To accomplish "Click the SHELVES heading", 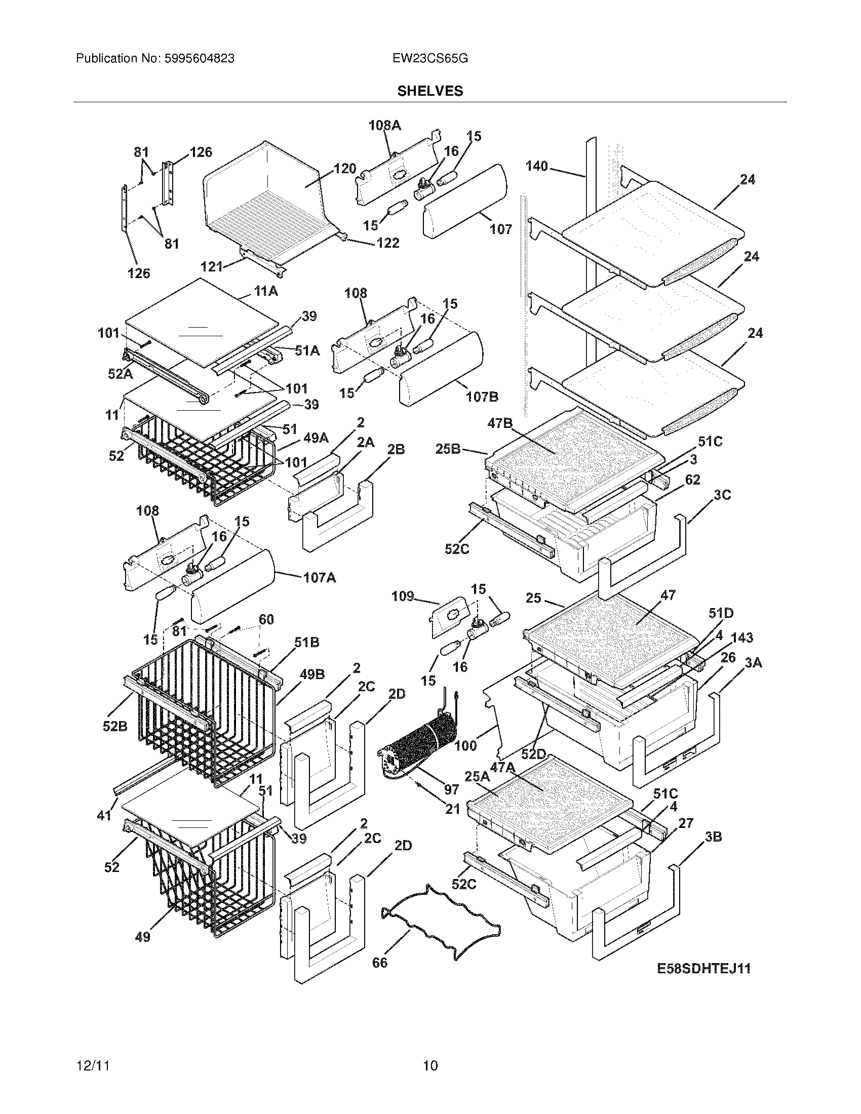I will coord(430,91).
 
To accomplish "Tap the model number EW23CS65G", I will coord(430,59).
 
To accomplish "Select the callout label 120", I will coord(345,169).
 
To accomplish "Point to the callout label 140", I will coord(536,166).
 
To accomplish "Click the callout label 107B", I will coord(482,396).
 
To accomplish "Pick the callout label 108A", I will coord(385,126).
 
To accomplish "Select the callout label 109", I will coord(403,596).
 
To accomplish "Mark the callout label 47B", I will coord(500,423).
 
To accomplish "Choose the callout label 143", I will coord(742,638).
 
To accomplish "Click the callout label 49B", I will coord(312,674).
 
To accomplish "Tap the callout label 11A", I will coord(266,292).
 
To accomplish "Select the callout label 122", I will coord(387,243).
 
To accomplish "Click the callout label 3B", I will coord(713,837).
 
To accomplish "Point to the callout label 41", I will coord(104,815).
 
